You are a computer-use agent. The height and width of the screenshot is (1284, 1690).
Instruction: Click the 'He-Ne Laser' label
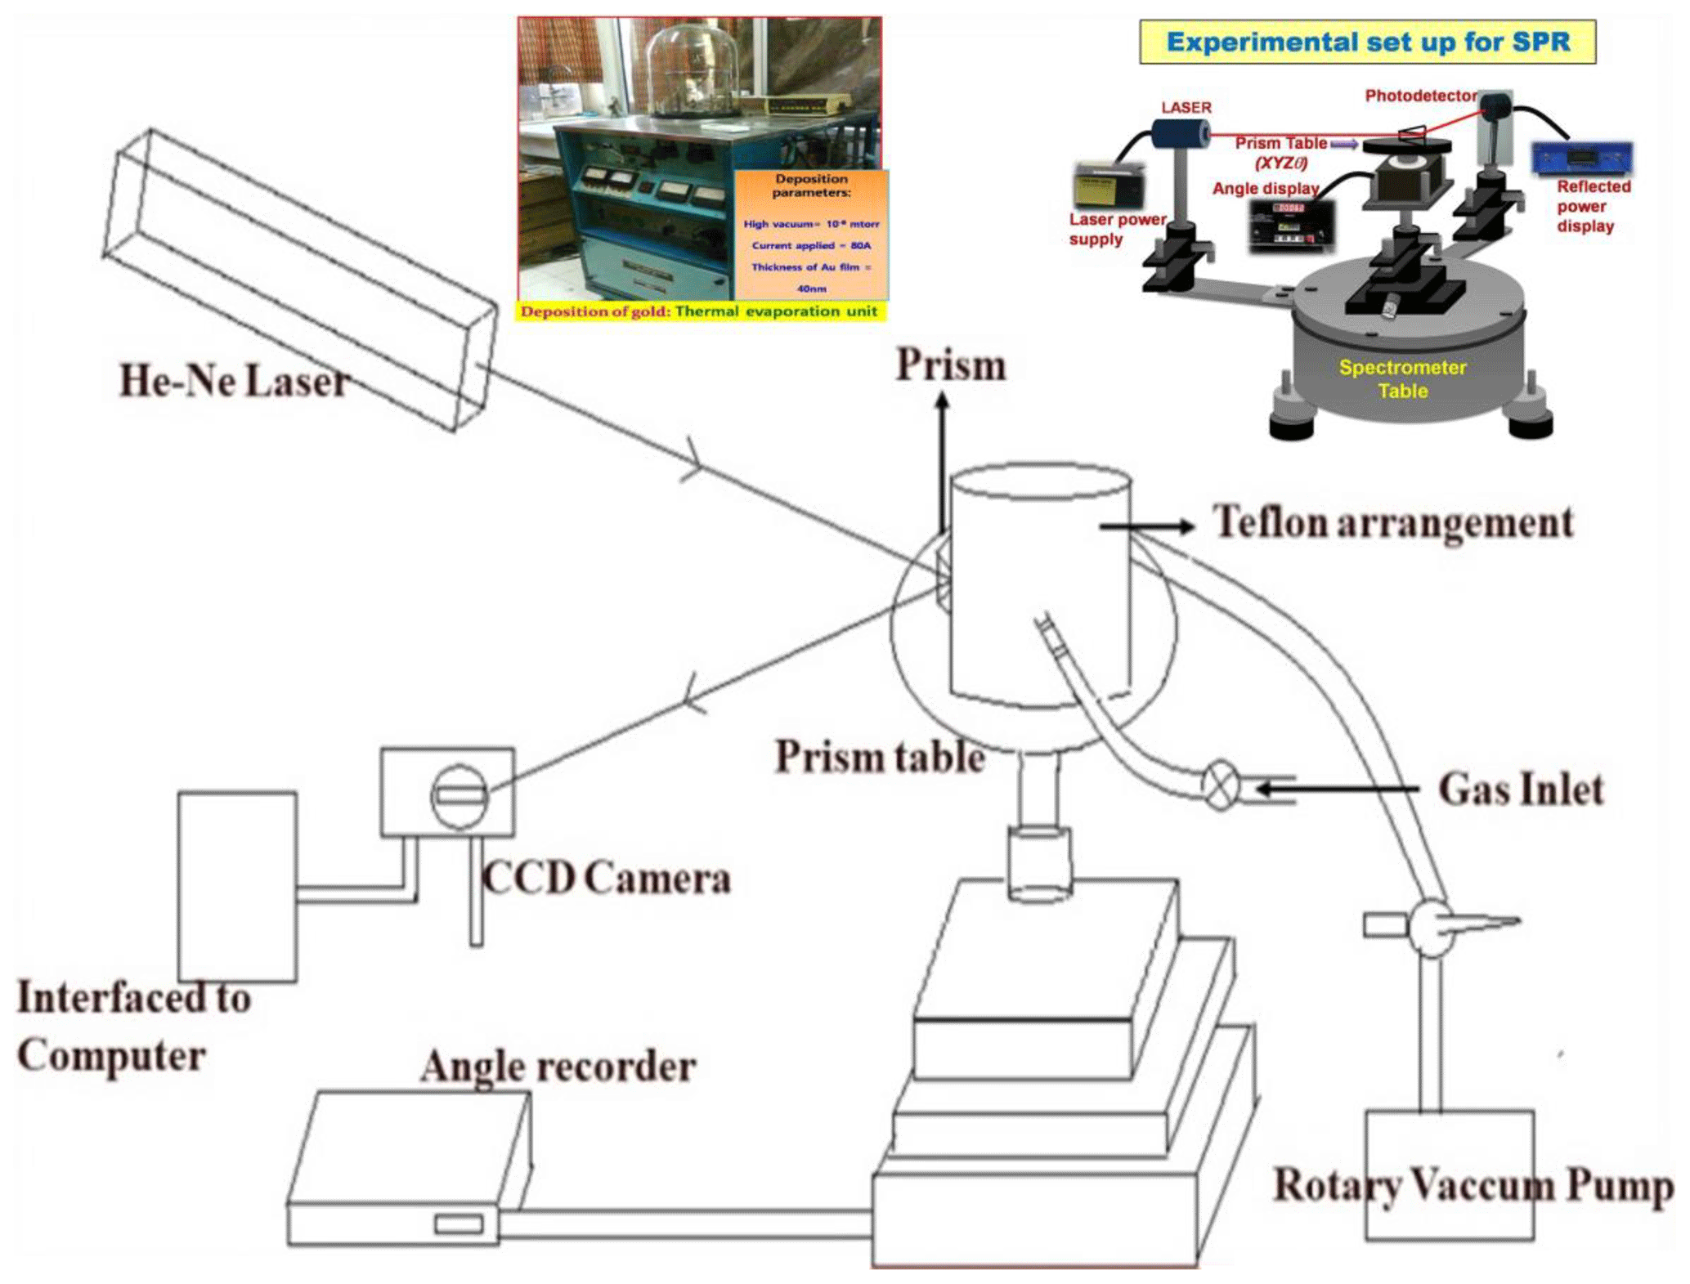tap(235, 382)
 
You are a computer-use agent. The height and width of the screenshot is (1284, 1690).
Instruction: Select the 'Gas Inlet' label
tap(1520, 790)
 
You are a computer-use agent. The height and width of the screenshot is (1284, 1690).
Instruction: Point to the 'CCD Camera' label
tap(606, 879)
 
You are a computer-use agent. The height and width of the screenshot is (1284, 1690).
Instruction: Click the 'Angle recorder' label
tap(558, 1067)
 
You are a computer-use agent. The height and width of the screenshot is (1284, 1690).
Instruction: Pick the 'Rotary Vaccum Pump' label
tap(1473, 1187)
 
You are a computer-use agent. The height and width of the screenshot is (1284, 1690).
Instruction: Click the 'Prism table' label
tap(880, 757)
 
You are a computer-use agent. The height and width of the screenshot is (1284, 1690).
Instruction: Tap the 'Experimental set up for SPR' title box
tap(1367, 43)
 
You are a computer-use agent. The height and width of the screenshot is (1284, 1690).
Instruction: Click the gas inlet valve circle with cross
tap(1220, 787)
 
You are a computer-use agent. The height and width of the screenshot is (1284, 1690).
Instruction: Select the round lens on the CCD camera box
tap(459, 795)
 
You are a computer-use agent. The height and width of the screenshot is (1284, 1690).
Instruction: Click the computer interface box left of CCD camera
tap(237, 886)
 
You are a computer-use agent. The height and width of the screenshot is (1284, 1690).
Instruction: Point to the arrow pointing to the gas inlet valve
tap(1337, 789)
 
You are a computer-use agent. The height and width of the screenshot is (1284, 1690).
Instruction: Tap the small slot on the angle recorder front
tap(459, 1224)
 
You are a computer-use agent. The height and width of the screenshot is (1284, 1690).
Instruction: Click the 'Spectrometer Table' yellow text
tap(1402, 379)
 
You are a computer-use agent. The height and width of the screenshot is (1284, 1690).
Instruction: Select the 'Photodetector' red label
tap(1420, 96)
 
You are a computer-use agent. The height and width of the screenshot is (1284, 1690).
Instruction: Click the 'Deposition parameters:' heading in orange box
tap(811, 186)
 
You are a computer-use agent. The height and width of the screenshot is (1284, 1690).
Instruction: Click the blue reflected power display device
tap(1581, 157)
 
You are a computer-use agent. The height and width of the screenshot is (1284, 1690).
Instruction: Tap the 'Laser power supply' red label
tap(1116, 229)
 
